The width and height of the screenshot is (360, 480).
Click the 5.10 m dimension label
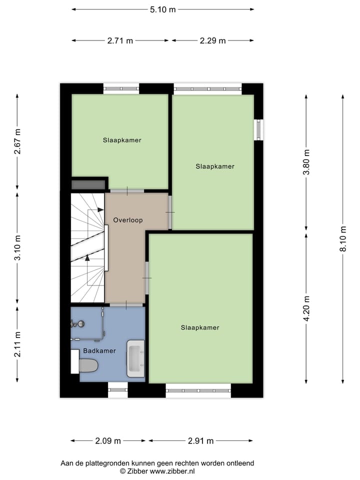tap(162, 9)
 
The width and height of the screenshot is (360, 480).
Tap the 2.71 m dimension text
tap(120, 40)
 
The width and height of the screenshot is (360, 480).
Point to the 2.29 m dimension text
tap(213, 40)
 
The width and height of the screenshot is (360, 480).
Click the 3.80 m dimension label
tap(306, 161)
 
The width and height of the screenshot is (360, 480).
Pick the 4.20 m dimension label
tap(306, 307)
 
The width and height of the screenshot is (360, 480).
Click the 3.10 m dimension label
tap(17, 248)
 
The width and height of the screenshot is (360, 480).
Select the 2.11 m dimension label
tap(17, 344)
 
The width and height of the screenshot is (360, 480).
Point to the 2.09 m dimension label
tap(108, 441)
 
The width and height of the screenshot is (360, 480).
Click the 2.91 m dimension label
tap(200, 441)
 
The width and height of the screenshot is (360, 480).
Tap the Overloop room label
tap(128, 220)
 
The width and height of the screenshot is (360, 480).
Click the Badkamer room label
tap(99, 351)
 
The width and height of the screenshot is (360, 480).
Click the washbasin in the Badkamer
tap(135, 358)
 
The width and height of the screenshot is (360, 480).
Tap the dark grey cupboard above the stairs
tap(88, 184)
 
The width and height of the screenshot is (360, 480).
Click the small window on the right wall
tap(258, 129)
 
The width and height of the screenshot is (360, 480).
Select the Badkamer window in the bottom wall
tap(118, 389)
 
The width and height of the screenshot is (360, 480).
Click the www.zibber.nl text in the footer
tap(172, 471)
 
